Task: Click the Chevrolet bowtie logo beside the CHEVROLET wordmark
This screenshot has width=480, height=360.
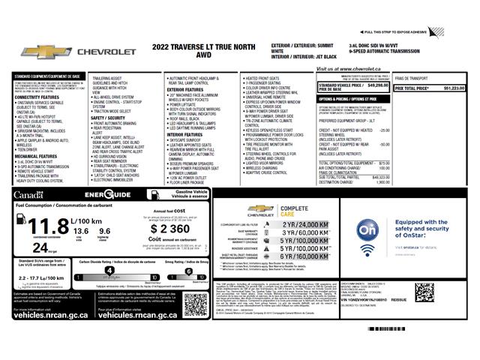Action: pyautogui.click(x=41, y=52)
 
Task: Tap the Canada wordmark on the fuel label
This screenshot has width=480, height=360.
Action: pyautogui.click(x=28, y=194)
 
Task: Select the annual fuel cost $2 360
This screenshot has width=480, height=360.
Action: pyautogui.click(x=169, y=229)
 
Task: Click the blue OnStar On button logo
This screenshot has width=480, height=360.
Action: pyautogui.click(x=367, y=231)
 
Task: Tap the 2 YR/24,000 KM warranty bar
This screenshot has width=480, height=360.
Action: pyautogui.click(x=304, y=224)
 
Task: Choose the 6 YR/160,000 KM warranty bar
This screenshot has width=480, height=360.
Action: pyautogui.click(x=304, y=256)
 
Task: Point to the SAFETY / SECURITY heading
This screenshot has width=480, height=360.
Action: pyautogui.click(x=108, y=117)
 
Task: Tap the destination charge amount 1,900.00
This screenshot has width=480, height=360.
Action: pyautogui.click(x=382, y=182)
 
